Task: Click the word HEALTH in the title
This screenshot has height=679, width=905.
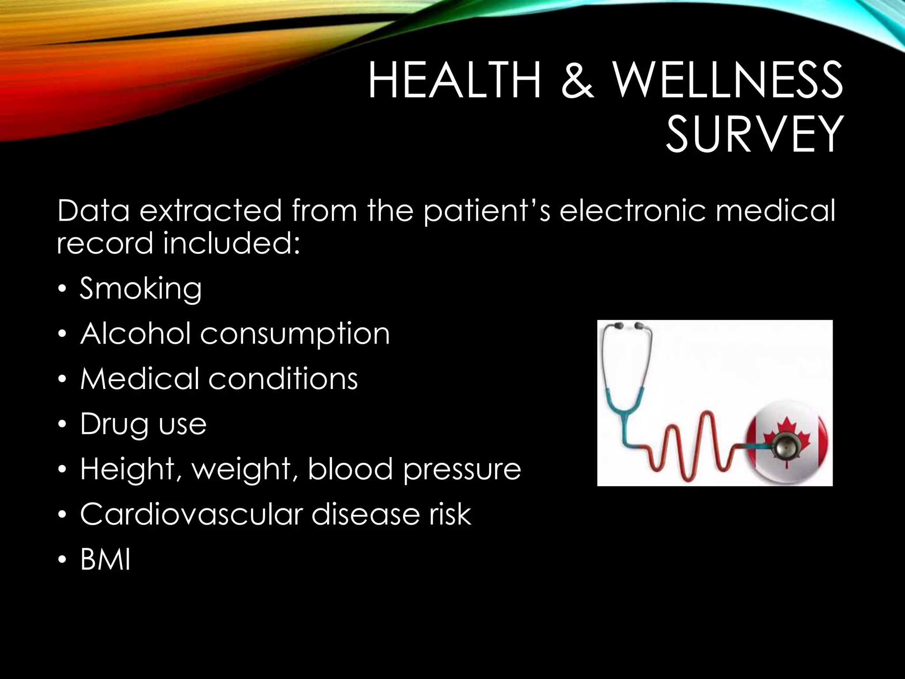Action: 455,81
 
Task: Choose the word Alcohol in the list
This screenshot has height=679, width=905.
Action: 135,333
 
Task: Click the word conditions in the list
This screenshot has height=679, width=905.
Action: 283,379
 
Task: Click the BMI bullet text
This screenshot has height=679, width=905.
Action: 105,560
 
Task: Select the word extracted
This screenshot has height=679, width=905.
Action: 210,210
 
